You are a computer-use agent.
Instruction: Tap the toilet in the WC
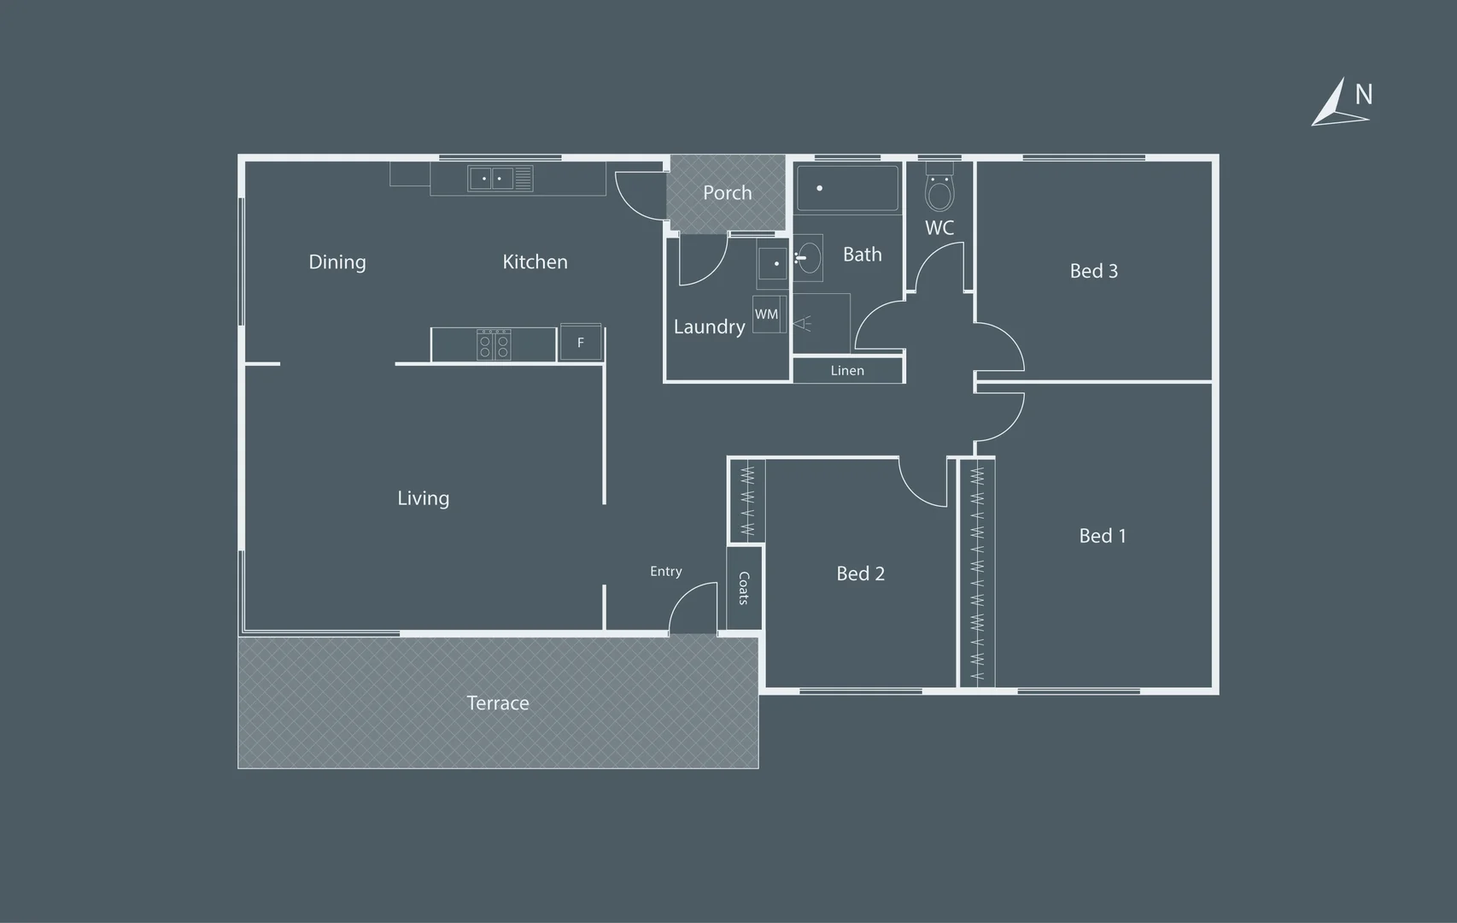click(939, 187)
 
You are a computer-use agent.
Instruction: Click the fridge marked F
click(580, 342)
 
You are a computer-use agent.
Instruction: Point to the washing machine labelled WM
click(769, 315)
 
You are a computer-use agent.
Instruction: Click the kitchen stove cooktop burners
click(494, 344)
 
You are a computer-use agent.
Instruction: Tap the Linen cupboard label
click(847, 370)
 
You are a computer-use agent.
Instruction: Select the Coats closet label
click(744, 588)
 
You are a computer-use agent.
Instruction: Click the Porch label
click(727, 192)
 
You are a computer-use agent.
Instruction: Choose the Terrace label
click(498, 703)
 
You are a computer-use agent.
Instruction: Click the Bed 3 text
click(1094, 271)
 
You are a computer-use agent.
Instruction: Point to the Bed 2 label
click(861, 573)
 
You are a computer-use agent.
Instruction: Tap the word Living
click(424, 498)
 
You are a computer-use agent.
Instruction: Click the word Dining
click(337, 262)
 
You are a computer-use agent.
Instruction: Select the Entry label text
click(666, 572)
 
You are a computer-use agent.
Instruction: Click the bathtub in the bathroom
click(848, 188)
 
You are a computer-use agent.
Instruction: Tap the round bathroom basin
click(809, 258)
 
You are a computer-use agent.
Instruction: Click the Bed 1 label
click(1103, 536)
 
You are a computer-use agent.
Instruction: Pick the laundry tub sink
click(773, 263)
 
